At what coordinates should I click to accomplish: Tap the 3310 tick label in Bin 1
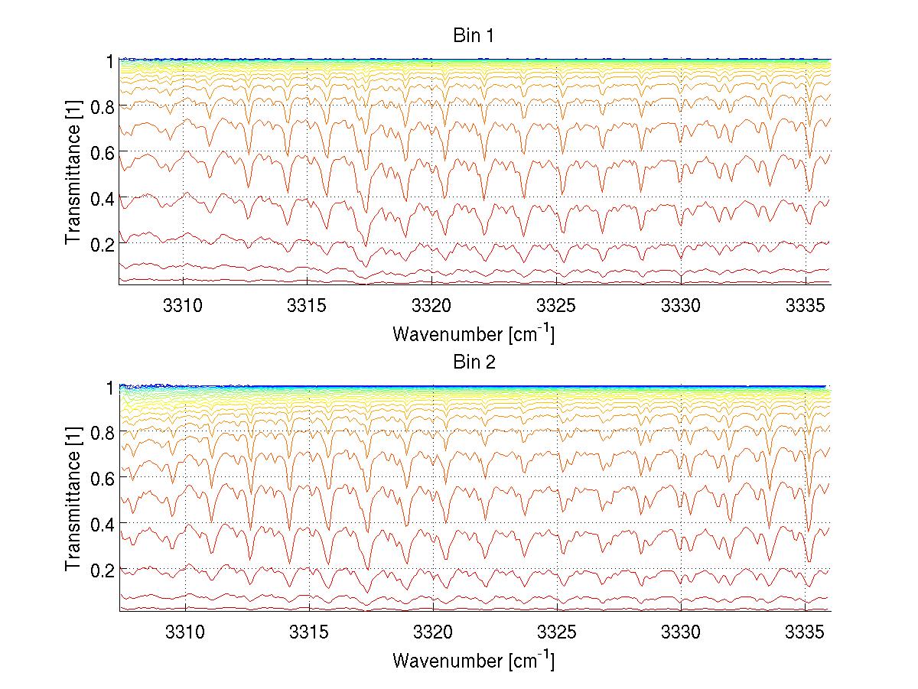tap(184, 304)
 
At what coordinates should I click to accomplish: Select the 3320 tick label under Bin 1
tap(432, 304)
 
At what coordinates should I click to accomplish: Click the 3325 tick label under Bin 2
tap(557, 631)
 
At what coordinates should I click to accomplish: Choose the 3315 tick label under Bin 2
tap(308, 631)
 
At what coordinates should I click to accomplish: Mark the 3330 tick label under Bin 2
tap(681, 631)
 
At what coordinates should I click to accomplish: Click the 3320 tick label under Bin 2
tap(432, 631)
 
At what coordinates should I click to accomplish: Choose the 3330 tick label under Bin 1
tap(681, 304)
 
